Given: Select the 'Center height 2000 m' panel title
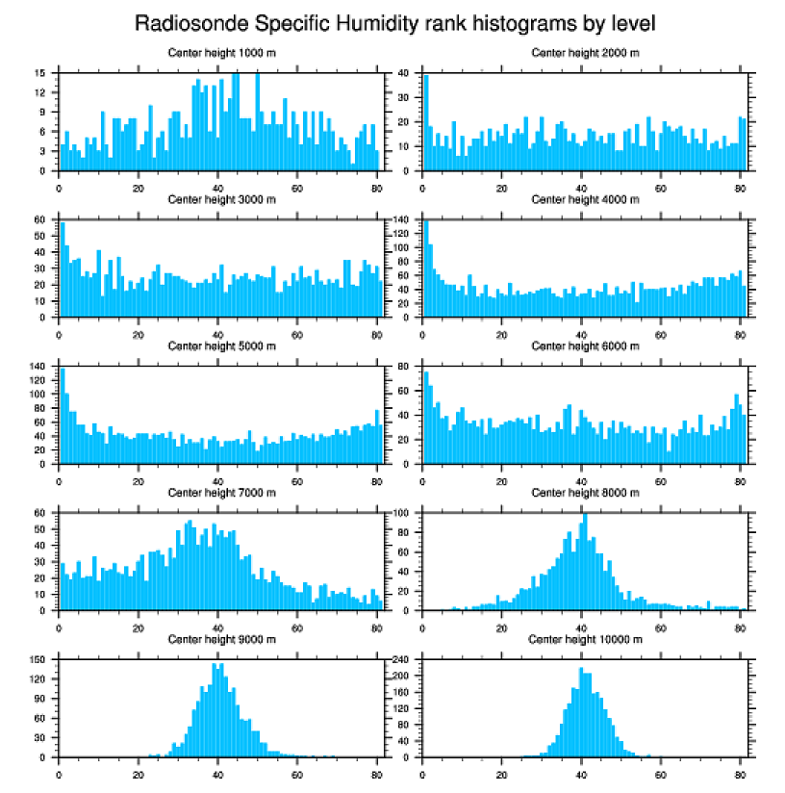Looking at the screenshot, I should tap(585, 53).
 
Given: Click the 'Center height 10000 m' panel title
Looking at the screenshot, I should tap(585, 639).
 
